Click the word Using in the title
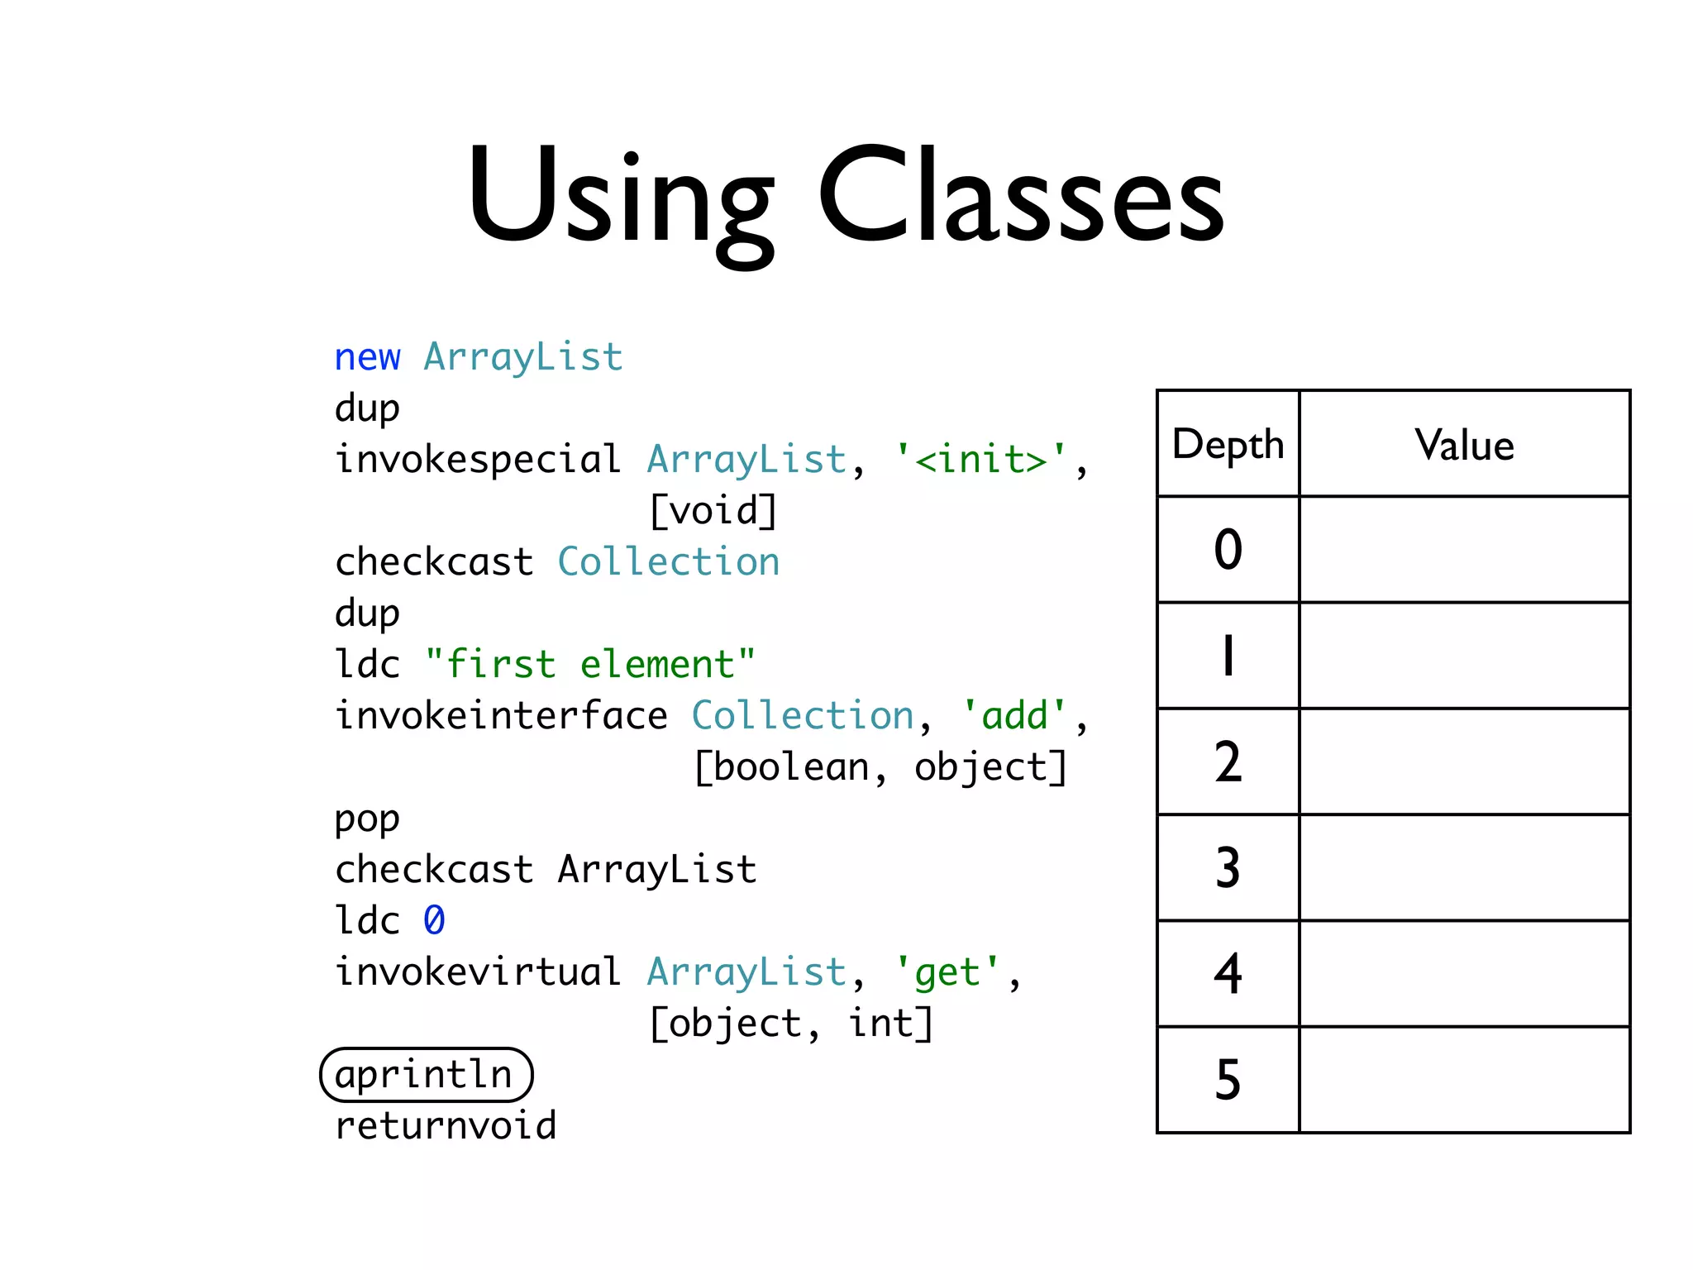[620, 198]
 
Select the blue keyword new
[367, 357]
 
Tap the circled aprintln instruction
[426, 1075]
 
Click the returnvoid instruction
[446, 1126]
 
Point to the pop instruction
[367, 819]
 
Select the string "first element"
[589, 664]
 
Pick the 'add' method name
[1014, 716]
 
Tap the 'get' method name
[947, 972]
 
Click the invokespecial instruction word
[478, 460]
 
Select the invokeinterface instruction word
[501, 716]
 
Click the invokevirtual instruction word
[478, 972]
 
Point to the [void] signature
[713, 511]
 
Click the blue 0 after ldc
[434, 921]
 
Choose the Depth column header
[1228, 444]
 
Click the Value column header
[1464, 444]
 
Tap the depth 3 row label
[1228, 867]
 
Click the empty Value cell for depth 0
[1464, 549]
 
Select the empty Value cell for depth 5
[1464, 1079]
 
